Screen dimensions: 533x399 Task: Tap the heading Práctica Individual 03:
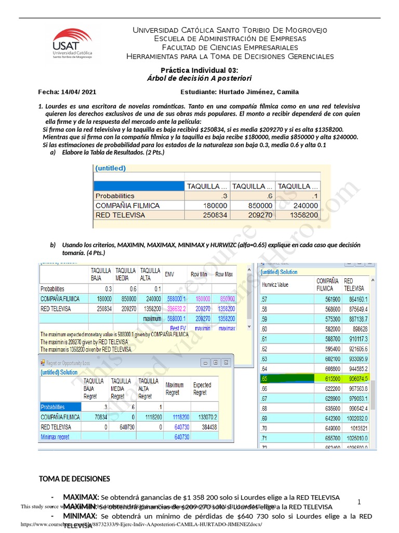pyautogui.click(x=199, y=70)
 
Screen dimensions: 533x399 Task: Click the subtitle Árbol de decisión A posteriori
pyautogui.click(x=199, y=78)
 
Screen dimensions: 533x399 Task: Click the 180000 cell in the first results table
pyautogui.click(x=207, y=206)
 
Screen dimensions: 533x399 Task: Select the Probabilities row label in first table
pyautogui.click(x=115, y=196)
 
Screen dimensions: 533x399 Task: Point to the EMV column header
pyautogui.click(x=169, y=274)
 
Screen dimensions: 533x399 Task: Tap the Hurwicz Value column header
pyautogui.click(x=275, y=285)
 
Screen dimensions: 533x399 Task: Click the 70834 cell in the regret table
pyautogui.click(x=101, y=417)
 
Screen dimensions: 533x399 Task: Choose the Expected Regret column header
pyautogui.click(x=202, y=388)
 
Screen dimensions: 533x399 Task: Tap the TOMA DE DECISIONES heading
pyautogui.click(x=75, y=478)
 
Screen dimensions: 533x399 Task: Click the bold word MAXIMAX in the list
pyautogui.click(x=81, y=497)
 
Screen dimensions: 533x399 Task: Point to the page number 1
pyautogui.click(x=359, y=502)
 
